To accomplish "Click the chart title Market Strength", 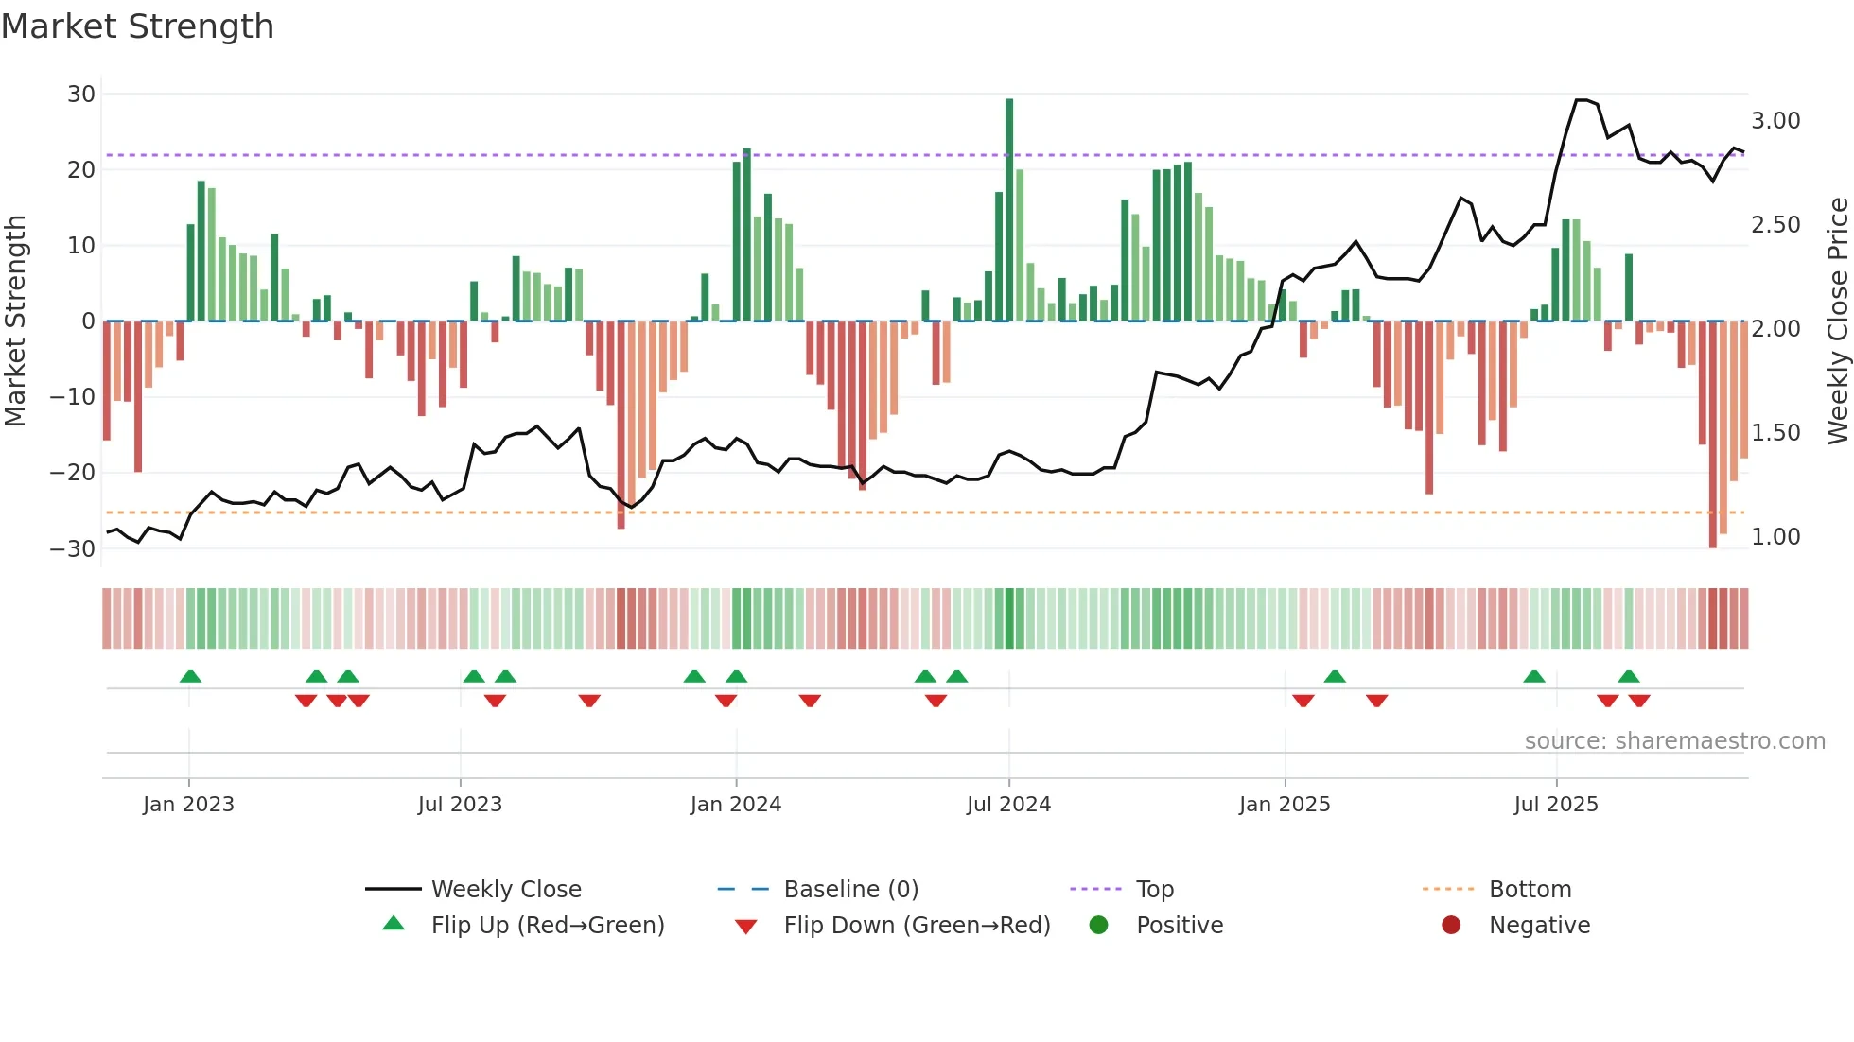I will click(x=137, y=26).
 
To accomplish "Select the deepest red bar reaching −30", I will click(x=1712, y=435).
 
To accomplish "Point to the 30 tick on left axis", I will click(x=81, y=95).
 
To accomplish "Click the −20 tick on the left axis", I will click(x=74, y=473).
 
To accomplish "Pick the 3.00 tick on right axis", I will click(x=1775, y=121).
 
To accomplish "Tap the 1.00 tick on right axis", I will click(x=1775, y=537).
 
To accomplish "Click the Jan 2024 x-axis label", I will click(x=736, y=805).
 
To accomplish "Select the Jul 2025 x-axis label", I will click(x=1556, y=805).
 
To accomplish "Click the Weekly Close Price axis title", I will click(x=1837, y=321).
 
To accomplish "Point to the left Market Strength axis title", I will click(x=15, y=321).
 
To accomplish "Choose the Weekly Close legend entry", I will click(x=506, y=890).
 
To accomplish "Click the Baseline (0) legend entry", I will click(x=850, y=890).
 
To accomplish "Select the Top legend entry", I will click(x=1154, y=890).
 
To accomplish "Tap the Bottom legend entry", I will click(x=1530, y=890).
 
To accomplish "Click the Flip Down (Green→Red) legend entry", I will click(x=917, y=926).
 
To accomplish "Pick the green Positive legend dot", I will click(x=1098, y=926).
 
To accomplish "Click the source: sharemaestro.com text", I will click(x=1674, y=741).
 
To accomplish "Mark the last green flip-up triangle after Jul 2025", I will click(x=1628, y=677).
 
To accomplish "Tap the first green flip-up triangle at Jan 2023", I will click(x=190, y=677).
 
